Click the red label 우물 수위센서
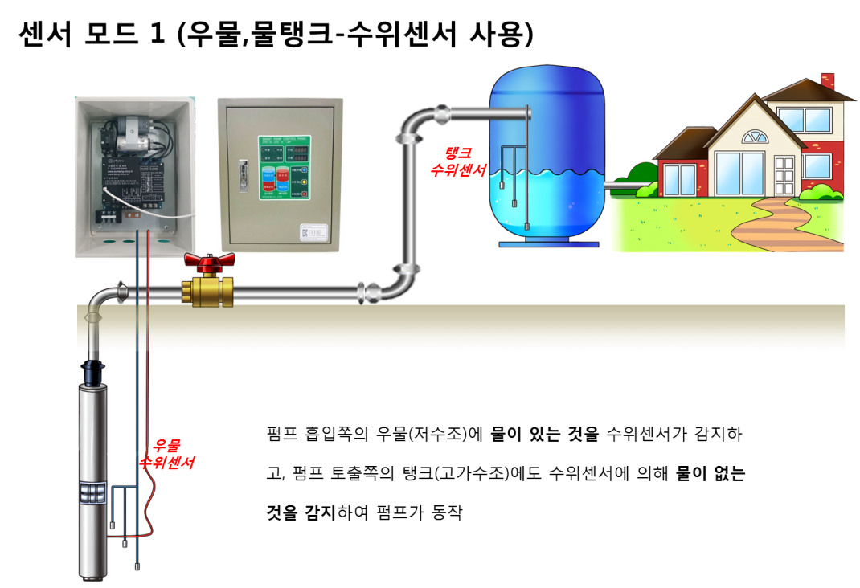[x=168, y=455]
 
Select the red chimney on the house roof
[x=827, y=80]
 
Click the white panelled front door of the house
[x=784, y=177]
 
